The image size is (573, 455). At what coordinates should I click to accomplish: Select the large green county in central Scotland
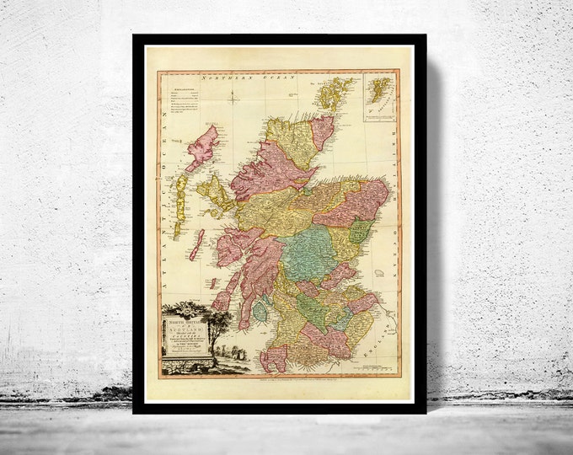pos(305,254)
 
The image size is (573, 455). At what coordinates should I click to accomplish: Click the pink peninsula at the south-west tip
pos(273,359)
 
